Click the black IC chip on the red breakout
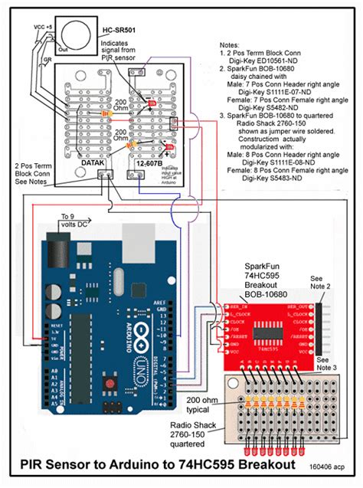coord(267,332)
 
